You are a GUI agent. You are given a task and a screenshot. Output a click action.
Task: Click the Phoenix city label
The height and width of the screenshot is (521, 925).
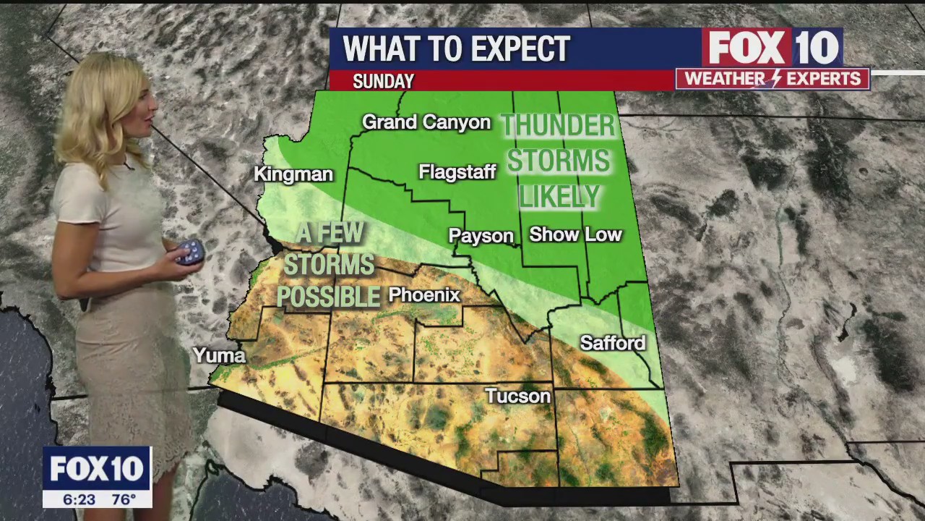pyautogui.click(x=424, y=295)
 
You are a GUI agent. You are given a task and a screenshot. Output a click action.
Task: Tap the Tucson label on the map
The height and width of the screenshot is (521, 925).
pyautogui.click(x=517, y=396)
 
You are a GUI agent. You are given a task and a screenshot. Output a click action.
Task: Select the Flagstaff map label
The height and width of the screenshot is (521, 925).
pyautogui.click(x=457, y=172)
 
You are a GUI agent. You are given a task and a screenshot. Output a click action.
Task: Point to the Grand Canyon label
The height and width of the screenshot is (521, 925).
pyautogui.click(x=426, y=122)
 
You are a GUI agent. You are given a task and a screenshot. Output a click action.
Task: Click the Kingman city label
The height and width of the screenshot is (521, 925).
pyautogui.click(x=293, y=174)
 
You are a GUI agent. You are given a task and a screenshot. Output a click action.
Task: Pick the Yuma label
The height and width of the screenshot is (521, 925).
pyautogui.click(x=219, y=355)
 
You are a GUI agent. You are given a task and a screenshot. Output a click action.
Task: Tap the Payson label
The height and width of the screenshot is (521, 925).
pyautogui.click(x=481, y=237)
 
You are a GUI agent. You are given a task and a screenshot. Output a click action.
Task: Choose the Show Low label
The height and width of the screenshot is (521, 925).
pyautogui.click(x=575, y=234)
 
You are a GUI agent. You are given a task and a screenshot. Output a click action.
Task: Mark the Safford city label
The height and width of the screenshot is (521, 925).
pyautogui.click(x=613, y=343)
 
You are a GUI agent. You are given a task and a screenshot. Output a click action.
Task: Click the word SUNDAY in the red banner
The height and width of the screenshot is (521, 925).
pyautogui.click(x=383, y=82)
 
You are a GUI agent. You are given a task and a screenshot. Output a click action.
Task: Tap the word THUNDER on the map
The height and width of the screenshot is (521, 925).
pyautogui.click(x=558, y=126)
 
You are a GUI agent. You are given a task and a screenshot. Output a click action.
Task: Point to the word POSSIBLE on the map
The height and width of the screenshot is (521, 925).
pyautogui.click(x=329, y=297)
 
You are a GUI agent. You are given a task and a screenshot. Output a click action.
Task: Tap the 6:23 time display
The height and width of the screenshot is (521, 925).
pyautogui.click(x=79, y=499)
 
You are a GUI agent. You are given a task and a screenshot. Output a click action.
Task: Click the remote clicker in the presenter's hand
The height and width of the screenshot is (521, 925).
pyautogui.click(x=190, y=253)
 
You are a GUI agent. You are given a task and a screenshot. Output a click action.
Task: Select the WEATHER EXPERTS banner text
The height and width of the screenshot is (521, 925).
pyautogui.click(x=773, y=79)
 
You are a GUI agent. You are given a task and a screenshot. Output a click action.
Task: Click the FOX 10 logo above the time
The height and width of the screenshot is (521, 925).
pyautogui.click(x=97, y=469)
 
